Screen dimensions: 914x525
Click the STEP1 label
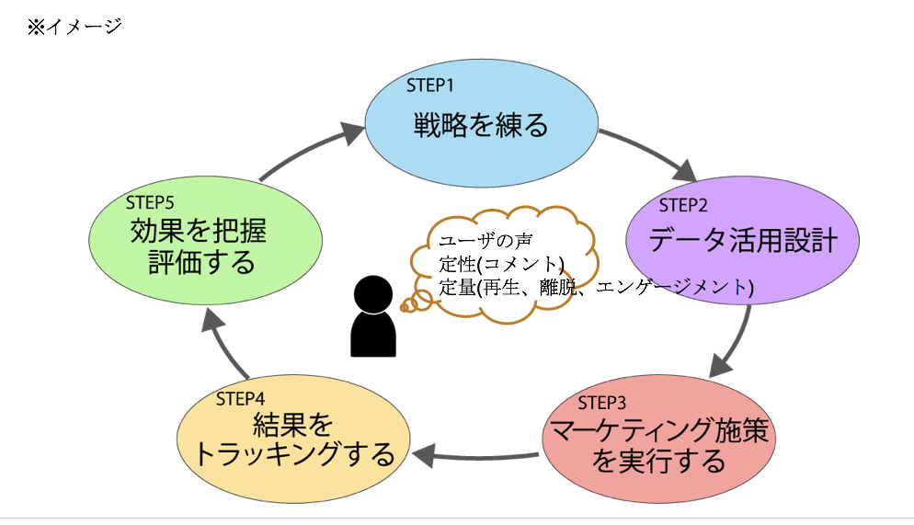(x=429, y=86)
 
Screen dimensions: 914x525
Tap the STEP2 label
(x=682, y=205)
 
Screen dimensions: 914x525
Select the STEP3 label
(x=601, y=403)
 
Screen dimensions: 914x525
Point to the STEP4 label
(x=240, y=399)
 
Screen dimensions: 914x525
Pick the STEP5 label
(x=150, y=203)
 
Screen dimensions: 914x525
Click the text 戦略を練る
(x=481, y=125)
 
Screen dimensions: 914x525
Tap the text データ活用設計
(x=743, y=239)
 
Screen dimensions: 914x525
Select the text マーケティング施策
(x=659, y=430)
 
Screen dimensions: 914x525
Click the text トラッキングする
(x=294, y=454)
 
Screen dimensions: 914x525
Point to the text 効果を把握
(x=199, y=231)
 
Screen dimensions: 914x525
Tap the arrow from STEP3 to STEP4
(x=475, y=456)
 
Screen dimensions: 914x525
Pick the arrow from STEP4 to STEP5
(x=223, y=345)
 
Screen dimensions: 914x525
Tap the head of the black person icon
(x=373, y=294)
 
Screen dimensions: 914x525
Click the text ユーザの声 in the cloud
(x=485, y=240)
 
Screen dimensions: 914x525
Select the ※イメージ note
(x=74, y=27)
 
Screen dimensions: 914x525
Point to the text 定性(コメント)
(x=501, y=264)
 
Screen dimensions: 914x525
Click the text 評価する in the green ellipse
(x=201, y=262)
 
